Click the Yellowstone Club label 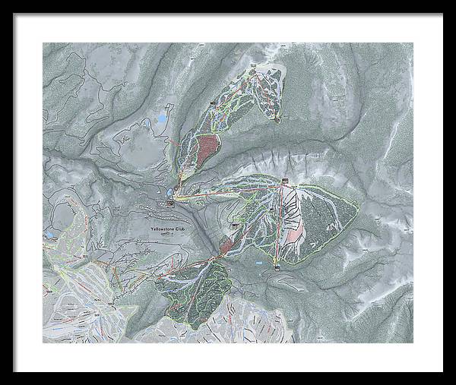[169, 229]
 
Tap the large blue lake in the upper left [162, 120]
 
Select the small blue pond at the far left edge [47, 235]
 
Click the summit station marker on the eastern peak [285, 181]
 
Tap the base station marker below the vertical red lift [277, 267]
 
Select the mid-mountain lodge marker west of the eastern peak [234, 226]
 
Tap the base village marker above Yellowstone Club [172, 202]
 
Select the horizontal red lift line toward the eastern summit [228, 191]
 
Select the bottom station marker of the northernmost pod [278, 118]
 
